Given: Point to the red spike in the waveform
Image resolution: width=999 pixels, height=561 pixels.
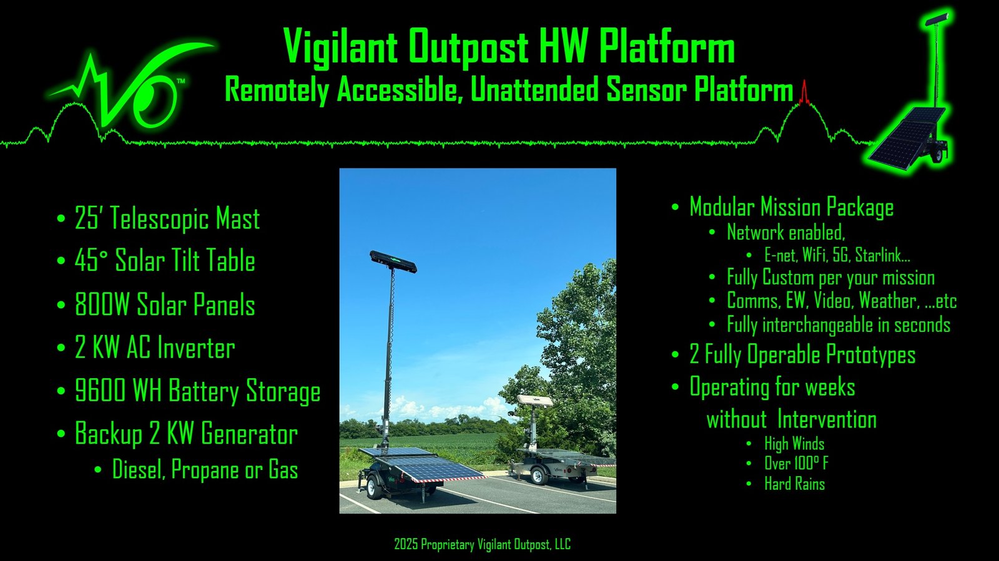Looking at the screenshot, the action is pos(804,93).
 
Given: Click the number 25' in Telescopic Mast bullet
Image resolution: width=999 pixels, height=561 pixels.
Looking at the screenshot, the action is pos(89,218).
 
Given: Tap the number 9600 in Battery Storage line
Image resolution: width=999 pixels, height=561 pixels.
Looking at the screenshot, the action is pos(101,391).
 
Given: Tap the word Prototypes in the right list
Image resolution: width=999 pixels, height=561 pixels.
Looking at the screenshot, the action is pos(870,355).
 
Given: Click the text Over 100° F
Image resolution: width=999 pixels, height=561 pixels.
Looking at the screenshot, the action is pos(796,464).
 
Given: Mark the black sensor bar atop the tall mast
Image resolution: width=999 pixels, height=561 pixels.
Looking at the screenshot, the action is pos(393,261).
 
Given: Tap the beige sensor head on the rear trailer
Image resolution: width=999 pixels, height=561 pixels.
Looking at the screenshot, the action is pos(535,401).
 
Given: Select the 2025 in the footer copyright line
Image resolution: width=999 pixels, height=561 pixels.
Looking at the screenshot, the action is pos(406,544).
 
